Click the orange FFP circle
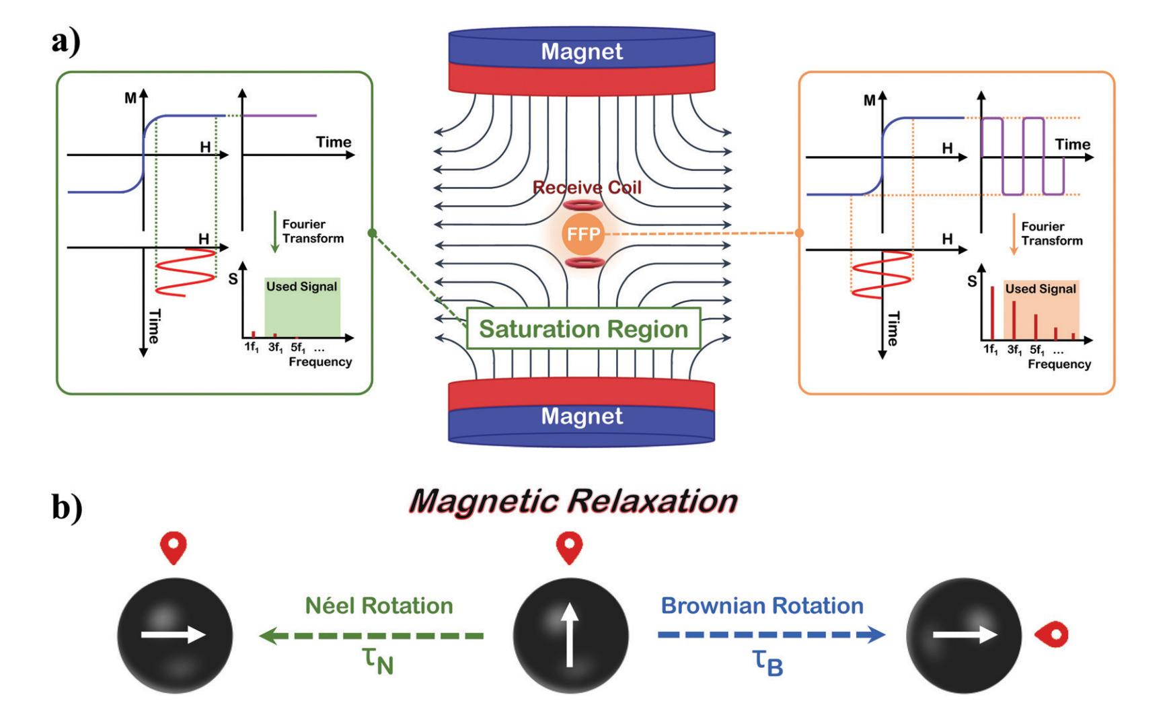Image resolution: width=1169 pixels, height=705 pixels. pyautogui.click(x=582, y=234)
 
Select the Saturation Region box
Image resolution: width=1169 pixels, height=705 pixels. pyautogui.click(x=583, y=329)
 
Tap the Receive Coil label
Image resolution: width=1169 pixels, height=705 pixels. pyautogui.click(x=587, y=188)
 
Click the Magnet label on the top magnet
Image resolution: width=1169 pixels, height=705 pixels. pyautogui.click(x=582, y=52)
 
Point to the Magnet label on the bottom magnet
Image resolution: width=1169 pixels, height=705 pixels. pyautogui.click(x=582, y=416)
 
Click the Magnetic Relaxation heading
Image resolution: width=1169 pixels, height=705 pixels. pyautogui.click(x=573, y=501)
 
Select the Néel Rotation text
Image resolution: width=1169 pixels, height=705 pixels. pyautogui.click(x=379, y=605)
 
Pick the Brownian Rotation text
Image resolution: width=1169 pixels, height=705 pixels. pyautogui.click(x=761, y=605)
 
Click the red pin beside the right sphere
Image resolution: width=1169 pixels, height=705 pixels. pyautogui.click(x=1052, y=634)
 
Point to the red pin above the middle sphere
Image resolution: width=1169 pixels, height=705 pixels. pyautogui.click(x=570, y=548)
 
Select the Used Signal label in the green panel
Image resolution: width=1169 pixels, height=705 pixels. pyautogui.click(x=301, y=287)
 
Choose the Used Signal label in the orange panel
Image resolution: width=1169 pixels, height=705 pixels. pyautogui.click(x=1041, y=289)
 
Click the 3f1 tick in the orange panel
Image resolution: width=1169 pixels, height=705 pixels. pyautogui.click(x=1014, y=350)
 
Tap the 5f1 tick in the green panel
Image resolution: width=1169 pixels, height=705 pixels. pyautogui.click(x=298, y=348)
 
